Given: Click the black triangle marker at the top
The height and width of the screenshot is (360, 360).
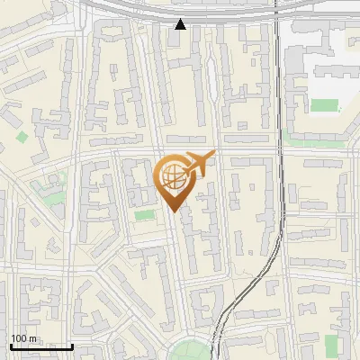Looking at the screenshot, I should point(181,23).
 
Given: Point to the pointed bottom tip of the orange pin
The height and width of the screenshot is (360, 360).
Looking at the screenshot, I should point(175,211).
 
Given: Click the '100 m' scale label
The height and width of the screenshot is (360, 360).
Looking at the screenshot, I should point(23,338).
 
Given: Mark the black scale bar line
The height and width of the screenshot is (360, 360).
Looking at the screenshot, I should point(41,346).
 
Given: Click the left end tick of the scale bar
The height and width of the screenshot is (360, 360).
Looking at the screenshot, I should point(11,345).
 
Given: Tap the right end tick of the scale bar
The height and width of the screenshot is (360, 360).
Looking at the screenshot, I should point(72,345).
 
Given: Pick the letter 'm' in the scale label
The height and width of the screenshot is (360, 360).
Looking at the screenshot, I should point(32,338).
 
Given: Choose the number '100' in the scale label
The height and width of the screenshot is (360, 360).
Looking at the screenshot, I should point(19,338).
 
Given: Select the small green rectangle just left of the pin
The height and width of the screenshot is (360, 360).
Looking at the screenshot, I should point(144,215).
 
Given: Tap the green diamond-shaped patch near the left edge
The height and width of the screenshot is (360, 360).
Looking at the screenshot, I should point(22,138).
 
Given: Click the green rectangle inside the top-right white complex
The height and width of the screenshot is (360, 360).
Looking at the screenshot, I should point(323,104).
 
